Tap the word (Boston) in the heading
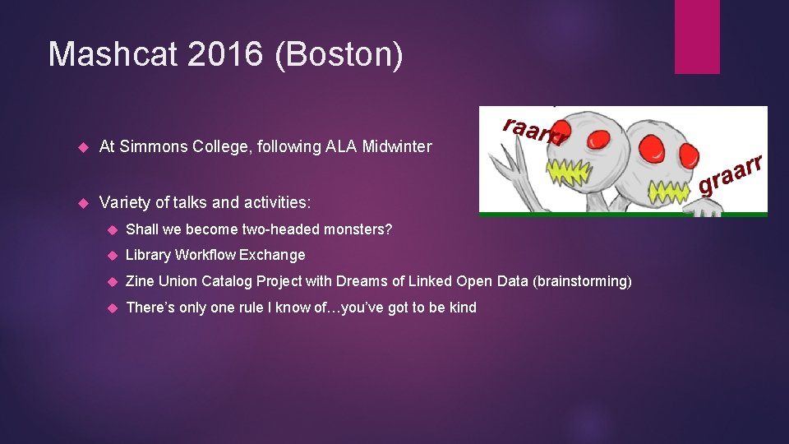coord(339,54)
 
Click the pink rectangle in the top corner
coord(696,37)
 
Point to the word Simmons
coord(149,147)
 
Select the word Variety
coord(124,202)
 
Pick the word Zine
coord(140,281)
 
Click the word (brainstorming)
coord(582,281)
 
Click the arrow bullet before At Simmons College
coord(81,147)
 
